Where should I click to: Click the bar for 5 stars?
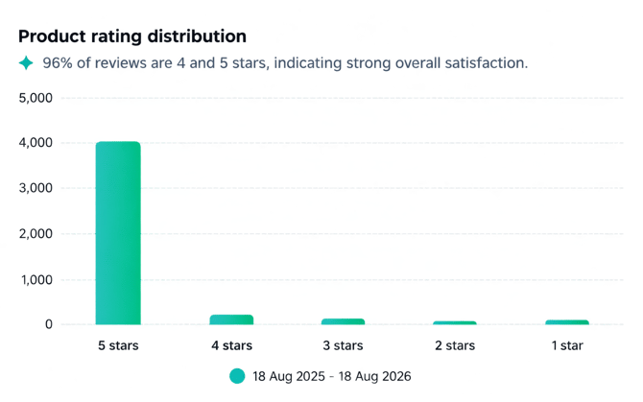pos(118,233)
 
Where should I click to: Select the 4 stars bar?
pos(231,319)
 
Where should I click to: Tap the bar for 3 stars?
pos(343,321)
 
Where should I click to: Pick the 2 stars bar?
pos(455,323)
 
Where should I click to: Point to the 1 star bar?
pos(567,322)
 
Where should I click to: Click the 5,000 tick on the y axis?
pos(36,98)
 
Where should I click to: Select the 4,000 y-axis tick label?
pos(36,143)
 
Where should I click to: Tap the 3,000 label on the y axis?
pos(36,188)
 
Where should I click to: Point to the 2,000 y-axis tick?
pos(36,233)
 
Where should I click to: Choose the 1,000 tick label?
pos(36,280)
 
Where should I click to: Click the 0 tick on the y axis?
pos(49,324)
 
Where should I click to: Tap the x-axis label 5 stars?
pos(118,345)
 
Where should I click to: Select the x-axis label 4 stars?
pos(231,345)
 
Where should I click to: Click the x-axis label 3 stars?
pos(343,345)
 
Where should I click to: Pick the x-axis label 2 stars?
pos(455,345)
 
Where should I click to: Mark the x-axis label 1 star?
pos(567,345)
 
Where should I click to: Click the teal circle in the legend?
pos(237,376)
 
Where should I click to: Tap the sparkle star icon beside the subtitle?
pos(26,62)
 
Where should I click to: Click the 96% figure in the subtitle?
pos(58,62)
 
